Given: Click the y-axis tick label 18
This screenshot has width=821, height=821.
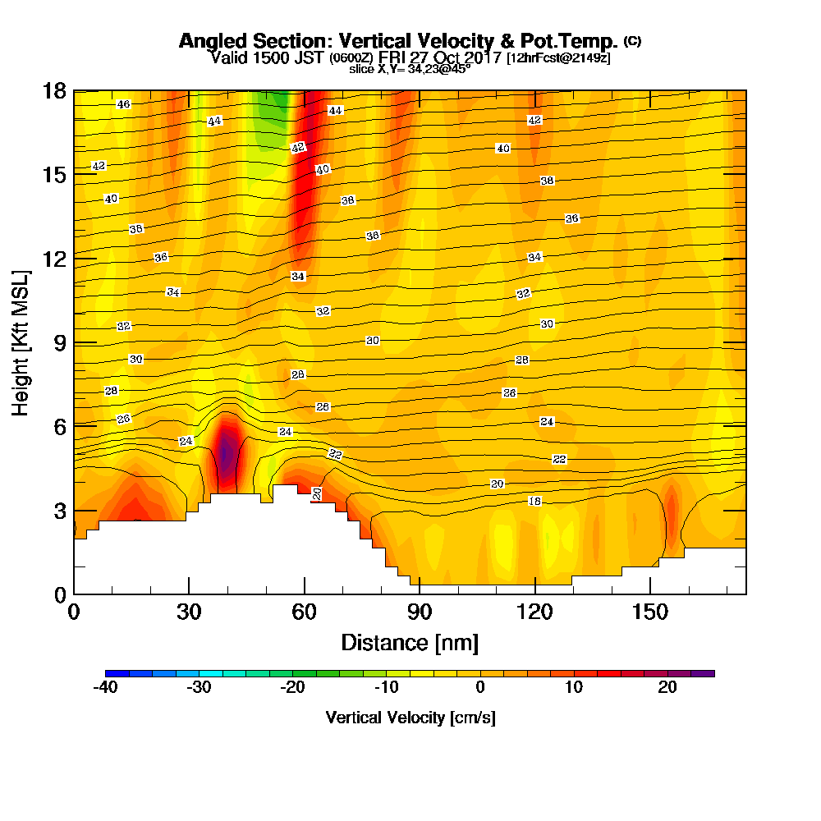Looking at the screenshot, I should [x=53, y=90].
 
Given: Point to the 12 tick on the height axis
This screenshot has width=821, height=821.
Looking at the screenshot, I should [x=53, y=258].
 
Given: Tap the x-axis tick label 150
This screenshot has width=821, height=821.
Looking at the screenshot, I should [x=649, y=612].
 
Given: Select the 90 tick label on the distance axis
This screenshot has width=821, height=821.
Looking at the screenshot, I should [x=420, y=612].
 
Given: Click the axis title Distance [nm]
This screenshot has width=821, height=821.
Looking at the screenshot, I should [x=410, y=641].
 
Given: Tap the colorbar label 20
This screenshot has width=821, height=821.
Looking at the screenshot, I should [x=667, y=688].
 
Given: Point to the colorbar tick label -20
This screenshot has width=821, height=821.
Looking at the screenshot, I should [x=292, y=688].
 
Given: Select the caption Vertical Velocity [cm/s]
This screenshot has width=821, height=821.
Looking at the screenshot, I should [x=410, y=718].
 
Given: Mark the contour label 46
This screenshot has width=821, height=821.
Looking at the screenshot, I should [x=123, y=104].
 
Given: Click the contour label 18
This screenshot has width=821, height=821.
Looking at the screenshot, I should [x=534, y=501].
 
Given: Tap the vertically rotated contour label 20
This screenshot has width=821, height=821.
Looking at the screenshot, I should [x=317, y=493].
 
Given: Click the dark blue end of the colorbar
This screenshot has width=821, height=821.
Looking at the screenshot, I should [x=112, y=673].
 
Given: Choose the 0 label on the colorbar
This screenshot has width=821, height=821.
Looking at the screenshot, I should [x=479, y=688].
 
